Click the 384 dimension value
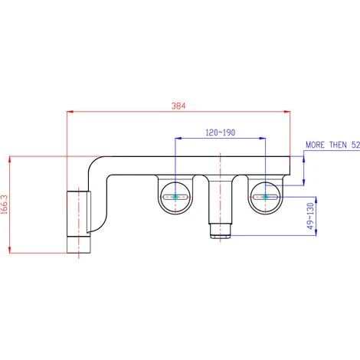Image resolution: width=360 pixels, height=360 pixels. tap(178, 106)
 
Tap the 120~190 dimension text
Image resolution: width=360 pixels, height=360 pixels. tap(221, 133)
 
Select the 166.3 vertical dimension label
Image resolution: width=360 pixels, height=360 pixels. tap(5, 205)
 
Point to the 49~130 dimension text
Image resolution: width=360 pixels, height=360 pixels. tap(310, 216)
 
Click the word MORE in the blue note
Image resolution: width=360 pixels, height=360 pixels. tap(316, 145)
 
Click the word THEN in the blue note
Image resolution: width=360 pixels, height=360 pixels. tap(339, 145)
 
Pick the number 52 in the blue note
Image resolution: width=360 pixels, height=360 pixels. tap(355, 145)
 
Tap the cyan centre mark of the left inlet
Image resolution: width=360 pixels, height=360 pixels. tap(175, 197)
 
